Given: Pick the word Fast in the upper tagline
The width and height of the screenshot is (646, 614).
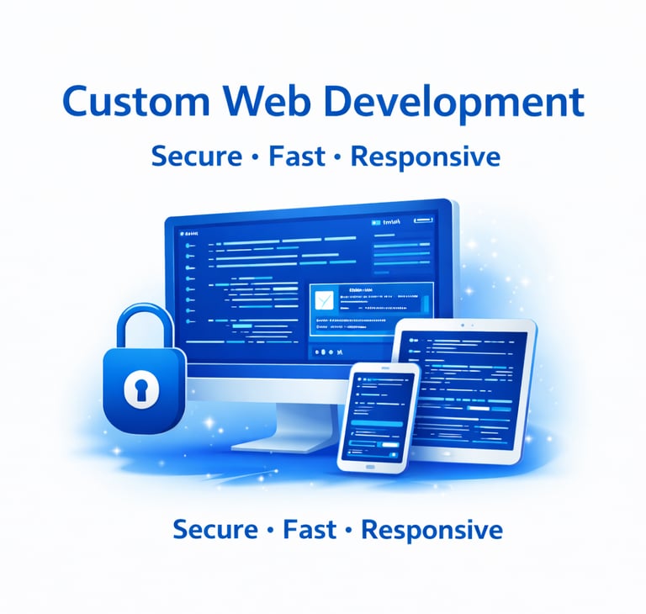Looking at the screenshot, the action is pos(296,156).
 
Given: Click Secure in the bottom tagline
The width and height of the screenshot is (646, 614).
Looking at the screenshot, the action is pos(214,530).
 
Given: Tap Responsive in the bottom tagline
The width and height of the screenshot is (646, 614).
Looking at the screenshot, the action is pos(432,531).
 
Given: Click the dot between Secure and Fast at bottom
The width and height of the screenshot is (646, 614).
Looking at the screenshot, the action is pos(270,531).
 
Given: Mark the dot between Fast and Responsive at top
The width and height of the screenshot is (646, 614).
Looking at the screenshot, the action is pos(338,157).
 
